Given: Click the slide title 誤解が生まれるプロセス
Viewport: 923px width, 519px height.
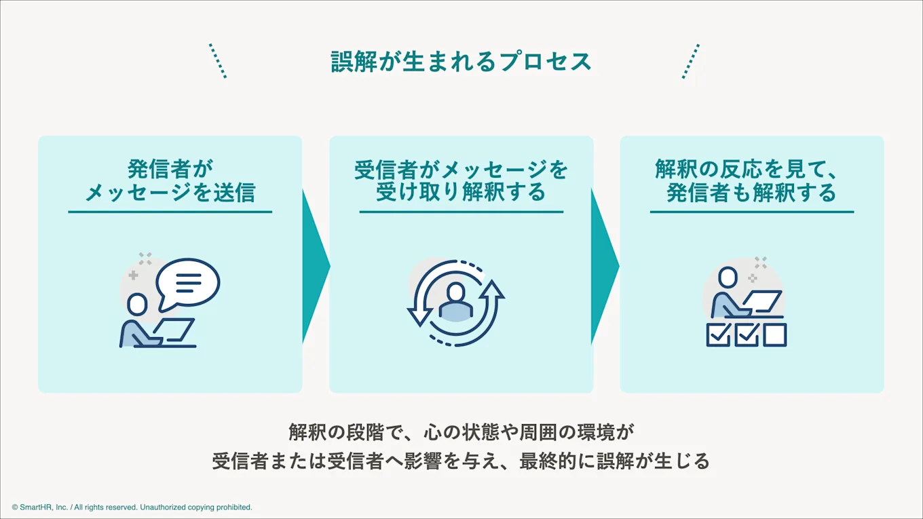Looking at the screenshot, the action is (x=461, y=62).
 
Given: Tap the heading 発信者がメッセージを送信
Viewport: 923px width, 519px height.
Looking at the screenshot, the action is (x=170, y=180).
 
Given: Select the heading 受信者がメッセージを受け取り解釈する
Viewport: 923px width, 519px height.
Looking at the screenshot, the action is (x=461, y=180).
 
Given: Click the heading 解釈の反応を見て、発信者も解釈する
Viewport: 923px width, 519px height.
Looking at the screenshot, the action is (x=751, y=180).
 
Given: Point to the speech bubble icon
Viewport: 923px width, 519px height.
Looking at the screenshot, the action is (x=188, y=282).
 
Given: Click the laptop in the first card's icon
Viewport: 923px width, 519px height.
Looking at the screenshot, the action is (x=172, y=330).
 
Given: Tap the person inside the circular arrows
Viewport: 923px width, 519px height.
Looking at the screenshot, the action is (x=455, y=303).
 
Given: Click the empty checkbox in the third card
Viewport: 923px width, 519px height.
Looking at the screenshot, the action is (x=774, y=335).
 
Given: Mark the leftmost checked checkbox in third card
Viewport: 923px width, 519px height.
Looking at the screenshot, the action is (x=718, y=335).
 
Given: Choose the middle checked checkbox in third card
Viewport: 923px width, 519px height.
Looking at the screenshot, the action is (x=747, y=335).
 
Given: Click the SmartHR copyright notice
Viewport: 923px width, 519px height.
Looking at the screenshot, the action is (x=132, y=507).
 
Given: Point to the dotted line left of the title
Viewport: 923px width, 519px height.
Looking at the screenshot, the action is (x=218, y=61).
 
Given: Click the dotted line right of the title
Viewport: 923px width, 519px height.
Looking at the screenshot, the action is (x=690, y=61).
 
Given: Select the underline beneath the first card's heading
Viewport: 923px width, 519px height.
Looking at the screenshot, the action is (x=170, y=212).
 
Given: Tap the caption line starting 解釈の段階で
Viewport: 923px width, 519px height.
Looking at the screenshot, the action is (x=461, y=432).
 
